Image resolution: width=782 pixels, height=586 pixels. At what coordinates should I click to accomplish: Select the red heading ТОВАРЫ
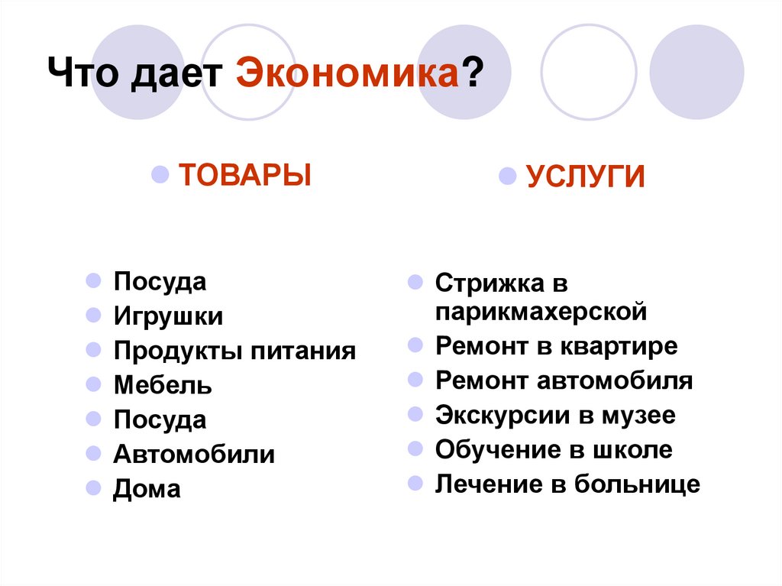coord(244,175)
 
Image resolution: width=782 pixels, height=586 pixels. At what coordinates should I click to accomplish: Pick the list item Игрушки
coord(168,316)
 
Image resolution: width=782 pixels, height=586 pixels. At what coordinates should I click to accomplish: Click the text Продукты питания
coord(234,351)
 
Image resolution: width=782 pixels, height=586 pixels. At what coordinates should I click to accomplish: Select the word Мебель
coord(163,385)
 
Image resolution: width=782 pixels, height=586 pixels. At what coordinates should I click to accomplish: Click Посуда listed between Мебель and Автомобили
coord(160,419)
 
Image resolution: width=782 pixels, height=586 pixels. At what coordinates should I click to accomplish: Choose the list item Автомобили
coord(194,455)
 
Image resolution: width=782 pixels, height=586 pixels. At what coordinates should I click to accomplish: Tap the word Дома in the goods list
coord(147,489)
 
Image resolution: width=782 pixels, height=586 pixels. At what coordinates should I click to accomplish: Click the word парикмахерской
coord(541,312)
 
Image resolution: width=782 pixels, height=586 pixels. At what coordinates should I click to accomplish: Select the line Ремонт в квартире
coord(556,346)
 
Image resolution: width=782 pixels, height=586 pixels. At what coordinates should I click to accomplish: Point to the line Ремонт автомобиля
coord(564,380)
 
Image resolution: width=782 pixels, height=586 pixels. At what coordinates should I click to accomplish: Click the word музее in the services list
coord(640,416)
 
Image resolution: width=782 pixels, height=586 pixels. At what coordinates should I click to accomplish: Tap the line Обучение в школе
coord(554,450)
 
